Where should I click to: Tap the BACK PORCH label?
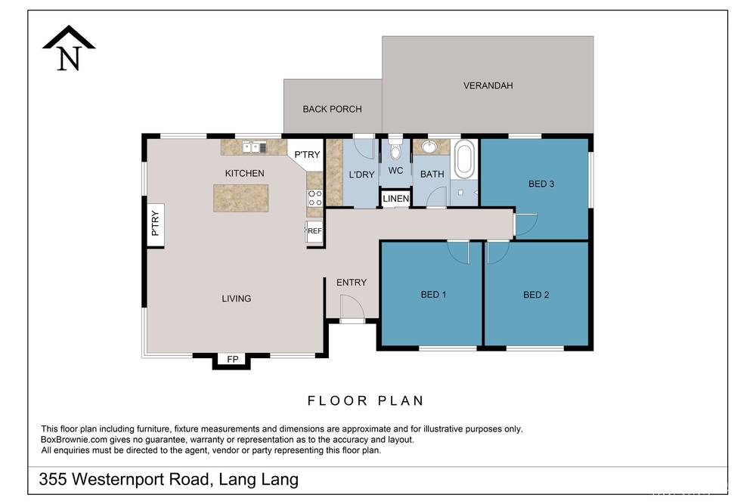[332, 109]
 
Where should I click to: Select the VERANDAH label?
[488, 85]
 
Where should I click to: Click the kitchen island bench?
[240, 197]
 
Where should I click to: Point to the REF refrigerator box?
[314, 231]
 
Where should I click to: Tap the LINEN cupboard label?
[395, 199]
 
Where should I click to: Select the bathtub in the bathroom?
[465, 159]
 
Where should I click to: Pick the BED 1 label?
[433, 295]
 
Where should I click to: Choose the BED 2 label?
[536, 295]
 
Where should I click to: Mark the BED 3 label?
[541, 183]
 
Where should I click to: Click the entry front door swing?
[350, 308]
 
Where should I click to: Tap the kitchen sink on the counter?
[252, 147]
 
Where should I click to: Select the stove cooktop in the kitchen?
[314, 198]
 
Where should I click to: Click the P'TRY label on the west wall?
[156, 223]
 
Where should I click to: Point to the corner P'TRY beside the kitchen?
[307, 155]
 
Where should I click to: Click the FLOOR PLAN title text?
[365, 400]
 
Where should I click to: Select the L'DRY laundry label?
[361, 175]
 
